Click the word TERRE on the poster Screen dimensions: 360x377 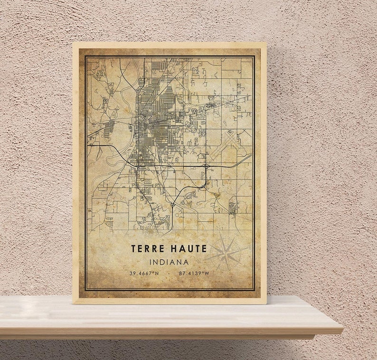148,248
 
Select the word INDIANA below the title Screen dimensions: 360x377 169,262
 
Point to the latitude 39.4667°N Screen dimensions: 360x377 144,273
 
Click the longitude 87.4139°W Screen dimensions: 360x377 193,273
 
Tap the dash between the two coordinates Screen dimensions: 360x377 169,273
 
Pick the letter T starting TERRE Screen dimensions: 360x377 134,248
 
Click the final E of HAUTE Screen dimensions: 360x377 204,248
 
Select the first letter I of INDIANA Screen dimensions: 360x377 151,262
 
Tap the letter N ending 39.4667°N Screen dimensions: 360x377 157,273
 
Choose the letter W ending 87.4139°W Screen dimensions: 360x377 207,273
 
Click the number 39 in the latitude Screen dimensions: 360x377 132,273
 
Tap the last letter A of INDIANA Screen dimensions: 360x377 186,262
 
